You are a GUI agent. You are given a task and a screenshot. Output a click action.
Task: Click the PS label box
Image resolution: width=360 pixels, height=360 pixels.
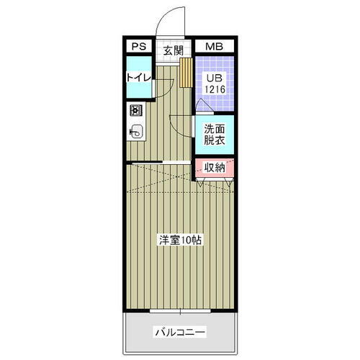tap(138, 47)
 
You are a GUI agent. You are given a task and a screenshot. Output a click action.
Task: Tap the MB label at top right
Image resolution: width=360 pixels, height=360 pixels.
tap(214, 47)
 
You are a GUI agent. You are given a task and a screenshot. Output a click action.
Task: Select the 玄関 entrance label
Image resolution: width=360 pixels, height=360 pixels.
tap(171, 50)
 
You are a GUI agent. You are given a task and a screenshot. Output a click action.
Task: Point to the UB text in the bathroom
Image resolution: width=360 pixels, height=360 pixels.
tap(215, 78)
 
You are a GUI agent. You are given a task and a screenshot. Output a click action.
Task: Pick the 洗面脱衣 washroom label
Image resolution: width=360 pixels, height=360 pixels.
tap(215, 135)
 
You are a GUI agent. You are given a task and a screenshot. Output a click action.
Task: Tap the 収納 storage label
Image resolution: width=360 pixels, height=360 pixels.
tap(215, 168)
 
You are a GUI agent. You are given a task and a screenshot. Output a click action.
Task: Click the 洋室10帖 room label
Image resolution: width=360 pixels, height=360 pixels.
tap(179, 240)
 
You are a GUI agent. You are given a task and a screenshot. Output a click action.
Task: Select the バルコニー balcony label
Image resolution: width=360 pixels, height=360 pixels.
tap(179, 332)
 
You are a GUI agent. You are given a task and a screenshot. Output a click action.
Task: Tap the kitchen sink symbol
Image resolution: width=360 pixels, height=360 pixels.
tap(135, 132)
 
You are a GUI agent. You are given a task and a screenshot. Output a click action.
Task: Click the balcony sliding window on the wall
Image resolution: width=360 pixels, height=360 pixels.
tap(180, 311)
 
